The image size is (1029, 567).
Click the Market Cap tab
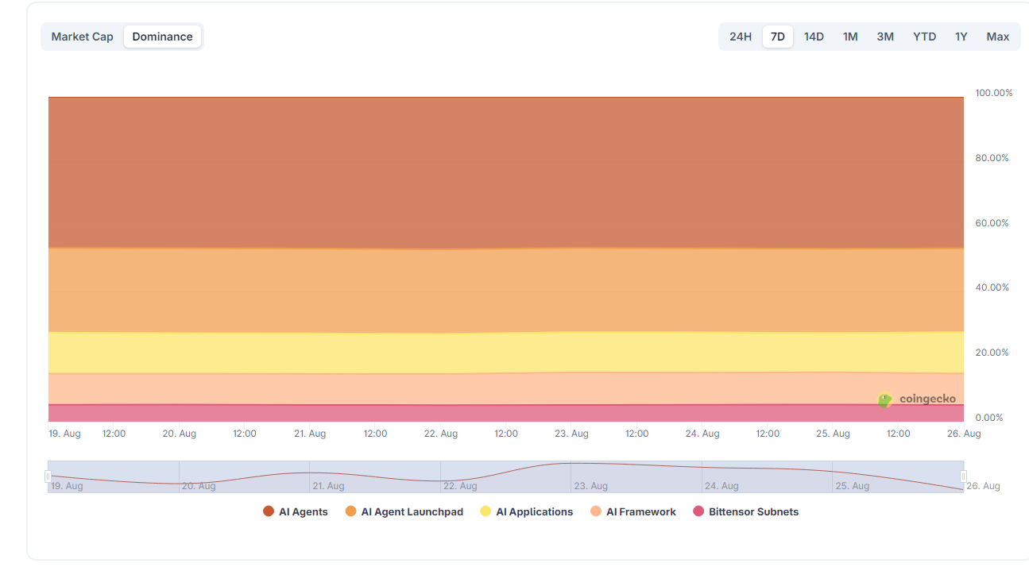click(x=82, y=37)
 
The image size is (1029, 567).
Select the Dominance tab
click(x=162, y=37)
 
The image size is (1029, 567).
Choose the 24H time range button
click(x=740, y=37)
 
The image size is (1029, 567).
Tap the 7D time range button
click(x=777, y=37)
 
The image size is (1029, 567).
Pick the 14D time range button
click(x=814, y=37)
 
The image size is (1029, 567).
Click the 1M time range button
click(x=850, y=37)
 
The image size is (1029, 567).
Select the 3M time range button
click(x=885, y=37)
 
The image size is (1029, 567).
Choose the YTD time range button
click(x=924, y=37)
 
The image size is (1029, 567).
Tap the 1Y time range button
click(x=961, y=37)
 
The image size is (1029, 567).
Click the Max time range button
click(x=997, y=37)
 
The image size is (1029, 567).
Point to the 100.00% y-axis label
click(x=993, y=93)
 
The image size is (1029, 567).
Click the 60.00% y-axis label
click(x=992, y=223)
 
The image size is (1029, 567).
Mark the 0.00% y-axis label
click(x=988, y=418)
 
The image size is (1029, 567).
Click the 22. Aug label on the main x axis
click(x=440, y=434)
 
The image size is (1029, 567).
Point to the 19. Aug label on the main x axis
click(x=64, y=434)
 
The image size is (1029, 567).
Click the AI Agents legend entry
click(x=296, y=512)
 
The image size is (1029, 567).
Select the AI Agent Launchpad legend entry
click(x=404, y=512)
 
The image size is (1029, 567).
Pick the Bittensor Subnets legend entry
click(x=746, y=512)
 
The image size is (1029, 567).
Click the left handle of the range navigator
click(x=48, y=476)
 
